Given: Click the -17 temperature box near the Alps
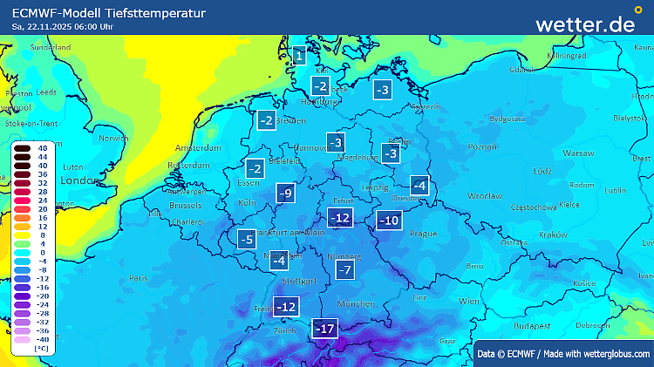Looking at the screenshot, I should coord(325,329).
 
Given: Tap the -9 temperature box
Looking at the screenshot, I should coord(285,194).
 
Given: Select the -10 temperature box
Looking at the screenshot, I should coord(389,221).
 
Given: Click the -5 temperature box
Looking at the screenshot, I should coord(247,238).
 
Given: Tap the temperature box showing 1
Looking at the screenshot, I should coord(299,57).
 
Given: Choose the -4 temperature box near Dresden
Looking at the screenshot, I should coord(419,186).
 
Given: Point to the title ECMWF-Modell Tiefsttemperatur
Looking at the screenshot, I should coord(109,13).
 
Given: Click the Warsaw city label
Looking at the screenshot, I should coord(578,153).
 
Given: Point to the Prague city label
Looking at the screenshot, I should coord(422,234).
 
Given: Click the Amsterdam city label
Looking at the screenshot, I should coord(194,147).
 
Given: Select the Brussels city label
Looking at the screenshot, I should coord(185,206).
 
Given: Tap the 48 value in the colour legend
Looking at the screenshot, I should coord(43,150).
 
